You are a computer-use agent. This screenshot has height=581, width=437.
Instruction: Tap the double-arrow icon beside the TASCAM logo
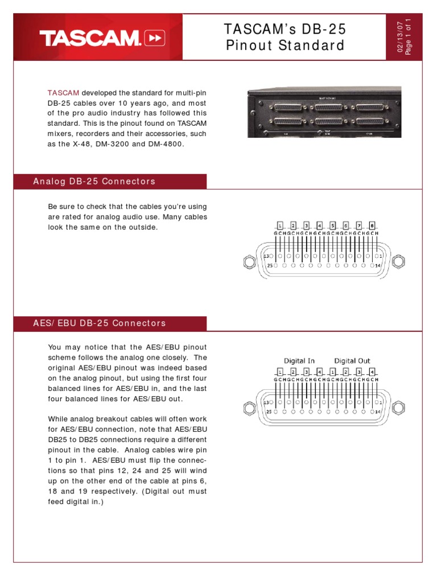pos(155,39)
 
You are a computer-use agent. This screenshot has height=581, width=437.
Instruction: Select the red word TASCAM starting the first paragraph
pos(63,92)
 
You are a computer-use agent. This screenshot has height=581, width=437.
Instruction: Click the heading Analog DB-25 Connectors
pos(94,182)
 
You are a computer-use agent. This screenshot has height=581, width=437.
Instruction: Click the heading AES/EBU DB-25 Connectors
pos(100,323)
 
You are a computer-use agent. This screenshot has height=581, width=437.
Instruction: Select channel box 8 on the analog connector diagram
pos(372,225)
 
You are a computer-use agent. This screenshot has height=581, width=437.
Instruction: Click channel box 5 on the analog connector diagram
pos(333,225)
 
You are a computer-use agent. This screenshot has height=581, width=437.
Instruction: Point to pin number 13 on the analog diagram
pos(266,257)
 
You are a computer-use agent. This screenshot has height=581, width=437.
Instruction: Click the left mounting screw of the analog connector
pos(248,261)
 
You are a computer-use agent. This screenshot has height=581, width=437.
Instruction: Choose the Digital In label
pos(299,361)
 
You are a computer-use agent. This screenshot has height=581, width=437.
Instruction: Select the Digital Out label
pos(352,361)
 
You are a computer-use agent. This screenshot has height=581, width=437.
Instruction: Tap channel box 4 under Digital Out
pos(372,371)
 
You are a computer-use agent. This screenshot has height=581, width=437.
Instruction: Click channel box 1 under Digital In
pos(279,371)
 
